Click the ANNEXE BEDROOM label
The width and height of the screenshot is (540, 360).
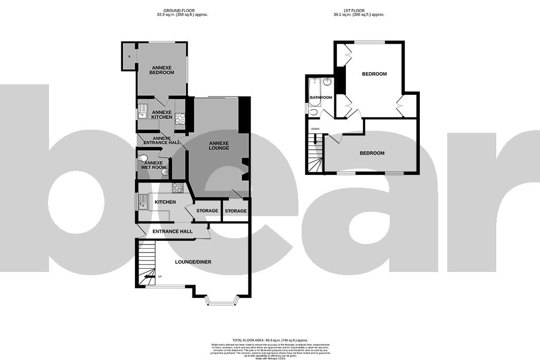pos(161,70)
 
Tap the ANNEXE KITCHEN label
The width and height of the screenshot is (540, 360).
pos(162,114)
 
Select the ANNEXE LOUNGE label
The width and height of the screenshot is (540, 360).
pos(218,145)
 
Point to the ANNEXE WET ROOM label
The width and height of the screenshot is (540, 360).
pos(155,166)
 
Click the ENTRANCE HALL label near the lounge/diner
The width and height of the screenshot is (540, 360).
pos(172,231)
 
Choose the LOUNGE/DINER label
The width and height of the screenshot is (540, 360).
pos(196,261)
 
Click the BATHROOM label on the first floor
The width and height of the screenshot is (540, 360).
pos(321,98)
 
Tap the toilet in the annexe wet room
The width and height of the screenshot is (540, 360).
pos(143,157)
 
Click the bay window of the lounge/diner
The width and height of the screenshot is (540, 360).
pos(223,303)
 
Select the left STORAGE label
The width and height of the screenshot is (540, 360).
pos(207,211)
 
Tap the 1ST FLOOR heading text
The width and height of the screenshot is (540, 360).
pos(359,11)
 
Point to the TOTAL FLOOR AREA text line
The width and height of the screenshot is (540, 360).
pos(270,340)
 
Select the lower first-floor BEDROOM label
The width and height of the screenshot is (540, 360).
pos(372,153)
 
